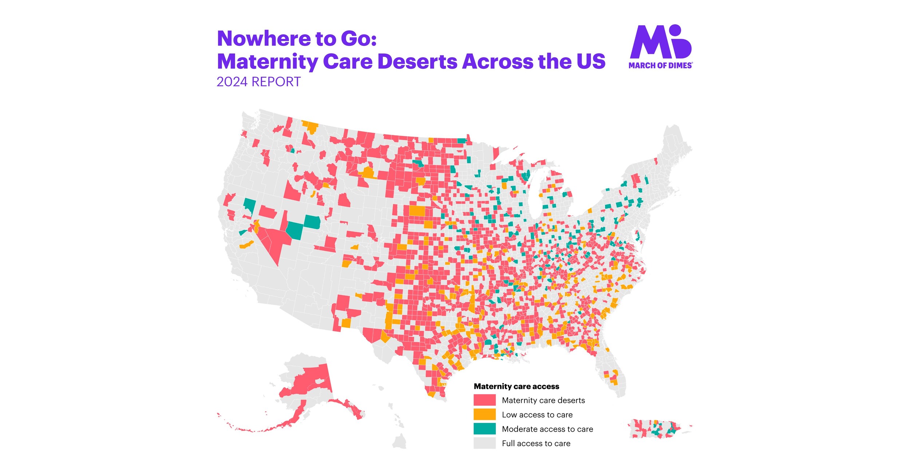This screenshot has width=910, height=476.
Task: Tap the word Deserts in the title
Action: click(x=418, y=61)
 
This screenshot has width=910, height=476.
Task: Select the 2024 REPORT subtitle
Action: click(x=258, y=82)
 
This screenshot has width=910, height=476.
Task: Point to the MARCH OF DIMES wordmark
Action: click(x=660, y=65)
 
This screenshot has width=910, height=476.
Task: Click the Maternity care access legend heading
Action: click(x=516, y=387)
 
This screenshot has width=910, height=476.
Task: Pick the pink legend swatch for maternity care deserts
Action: click(x=484, y=400)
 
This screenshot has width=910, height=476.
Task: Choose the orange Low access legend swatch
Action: click(x=484, y=415)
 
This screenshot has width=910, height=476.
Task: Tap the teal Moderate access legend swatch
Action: click(x=484, y=429)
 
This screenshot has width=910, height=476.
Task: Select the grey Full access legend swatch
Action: click(x=484, y=443)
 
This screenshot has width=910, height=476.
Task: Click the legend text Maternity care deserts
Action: click(x=543, y=400)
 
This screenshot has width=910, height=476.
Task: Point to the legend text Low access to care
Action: click(x=537, y=415)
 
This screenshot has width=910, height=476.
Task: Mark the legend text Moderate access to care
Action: click(x=547, y=429)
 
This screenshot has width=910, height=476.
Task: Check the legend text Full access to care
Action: click(x=536, y=444)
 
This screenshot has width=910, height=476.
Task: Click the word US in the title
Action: click(x=591, y=61)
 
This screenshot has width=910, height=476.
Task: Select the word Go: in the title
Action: click(x=359, y=39)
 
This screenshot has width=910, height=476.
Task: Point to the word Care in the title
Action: click(x=347, y=61)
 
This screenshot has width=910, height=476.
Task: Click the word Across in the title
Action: click(x=497, y=61)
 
